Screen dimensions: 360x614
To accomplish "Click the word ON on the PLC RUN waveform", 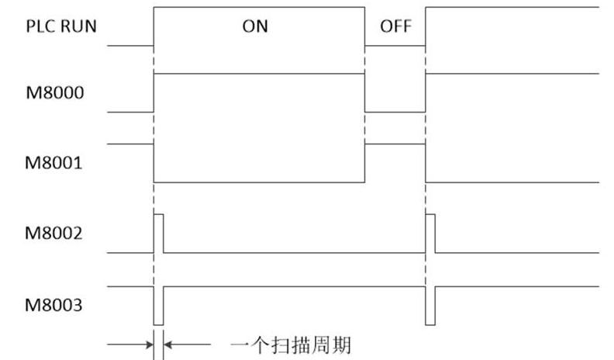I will point(256,26).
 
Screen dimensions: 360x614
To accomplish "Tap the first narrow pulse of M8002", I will point(159,233).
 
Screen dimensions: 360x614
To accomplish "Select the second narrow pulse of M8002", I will point(431,233).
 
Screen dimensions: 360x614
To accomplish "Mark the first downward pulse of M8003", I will point(159,306).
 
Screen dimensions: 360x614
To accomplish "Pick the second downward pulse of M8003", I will point(431,306).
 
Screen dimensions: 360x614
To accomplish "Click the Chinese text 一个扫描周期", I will point(296,343).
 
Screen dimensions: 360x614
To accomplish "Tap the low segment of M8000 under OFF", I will point(395,112).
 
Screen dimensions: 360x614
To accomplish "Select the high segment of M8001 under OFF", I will point(395,144).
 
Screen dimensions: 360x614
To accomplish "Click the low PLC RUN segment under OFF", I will point(395,45).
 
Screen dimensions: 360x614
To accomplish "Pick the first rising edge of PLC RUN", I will point(154,26).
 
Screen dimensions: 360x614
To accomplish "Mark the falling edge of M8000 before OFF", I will point(364,93).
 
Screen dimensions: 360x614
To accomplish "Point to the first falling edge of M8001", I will point(154,163).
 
